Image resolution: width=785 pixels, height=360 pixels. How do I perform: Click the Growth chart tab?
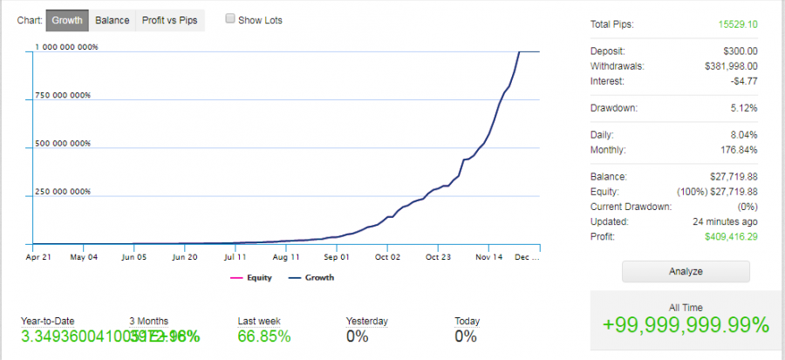coord(66,20)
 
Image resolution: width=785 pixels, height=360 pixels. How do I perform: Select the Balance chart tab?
coord(113,20)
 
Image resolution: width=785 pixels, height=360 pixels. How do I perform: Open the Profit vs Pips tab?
coord(170,20)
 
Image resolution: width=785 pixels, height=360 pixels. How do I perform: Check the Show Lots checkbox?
coord(230,19)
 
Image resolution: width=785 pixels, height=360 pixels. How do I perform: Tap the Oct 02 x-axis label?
coord(387,257)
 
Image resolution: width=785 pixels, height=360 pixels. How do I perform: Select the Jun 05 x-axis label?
coord(133,257)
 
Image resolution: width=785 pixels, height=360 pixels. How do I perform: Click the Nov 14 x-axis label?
coord(488,257)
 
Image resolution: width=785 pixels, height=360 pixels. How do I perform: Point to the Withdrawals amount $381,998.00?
coord(730,65)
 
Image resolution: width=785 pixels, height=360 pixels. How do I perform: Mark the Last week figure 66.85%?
coord(264,336)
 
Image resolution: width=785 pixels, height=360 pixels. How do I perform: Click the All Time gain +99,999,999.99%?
coord(686,325)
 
